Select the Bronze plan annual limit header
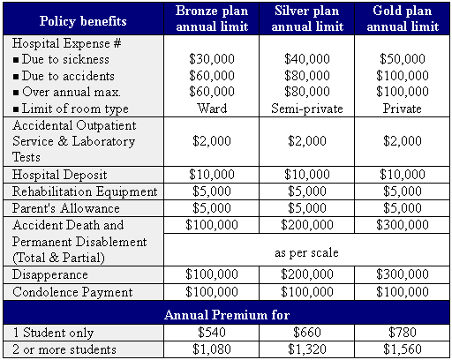tap(211, 19)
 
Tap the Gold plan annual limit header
tap(402, 19)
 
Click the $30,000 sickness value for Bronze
tap(211, 58)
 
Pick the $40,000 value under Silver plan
tap(307, 58)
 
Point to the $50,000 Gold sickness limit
tap(402, 58)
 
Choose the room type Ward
tap(211, 109)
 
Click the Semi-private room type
tap(307, 109)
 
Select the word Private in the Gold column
tap(402, 109)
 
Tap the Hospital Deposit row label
tap(55, 175)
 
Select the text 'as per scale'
tap(306, 251)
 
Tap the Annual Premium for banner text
tap(227, 313)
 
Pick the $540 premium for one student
tap(211, 334)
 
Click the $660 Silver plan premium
tap(307, 334)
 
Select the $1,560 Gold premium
tap(402, 349)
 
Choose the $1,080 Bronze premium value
tap(211, 349)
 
